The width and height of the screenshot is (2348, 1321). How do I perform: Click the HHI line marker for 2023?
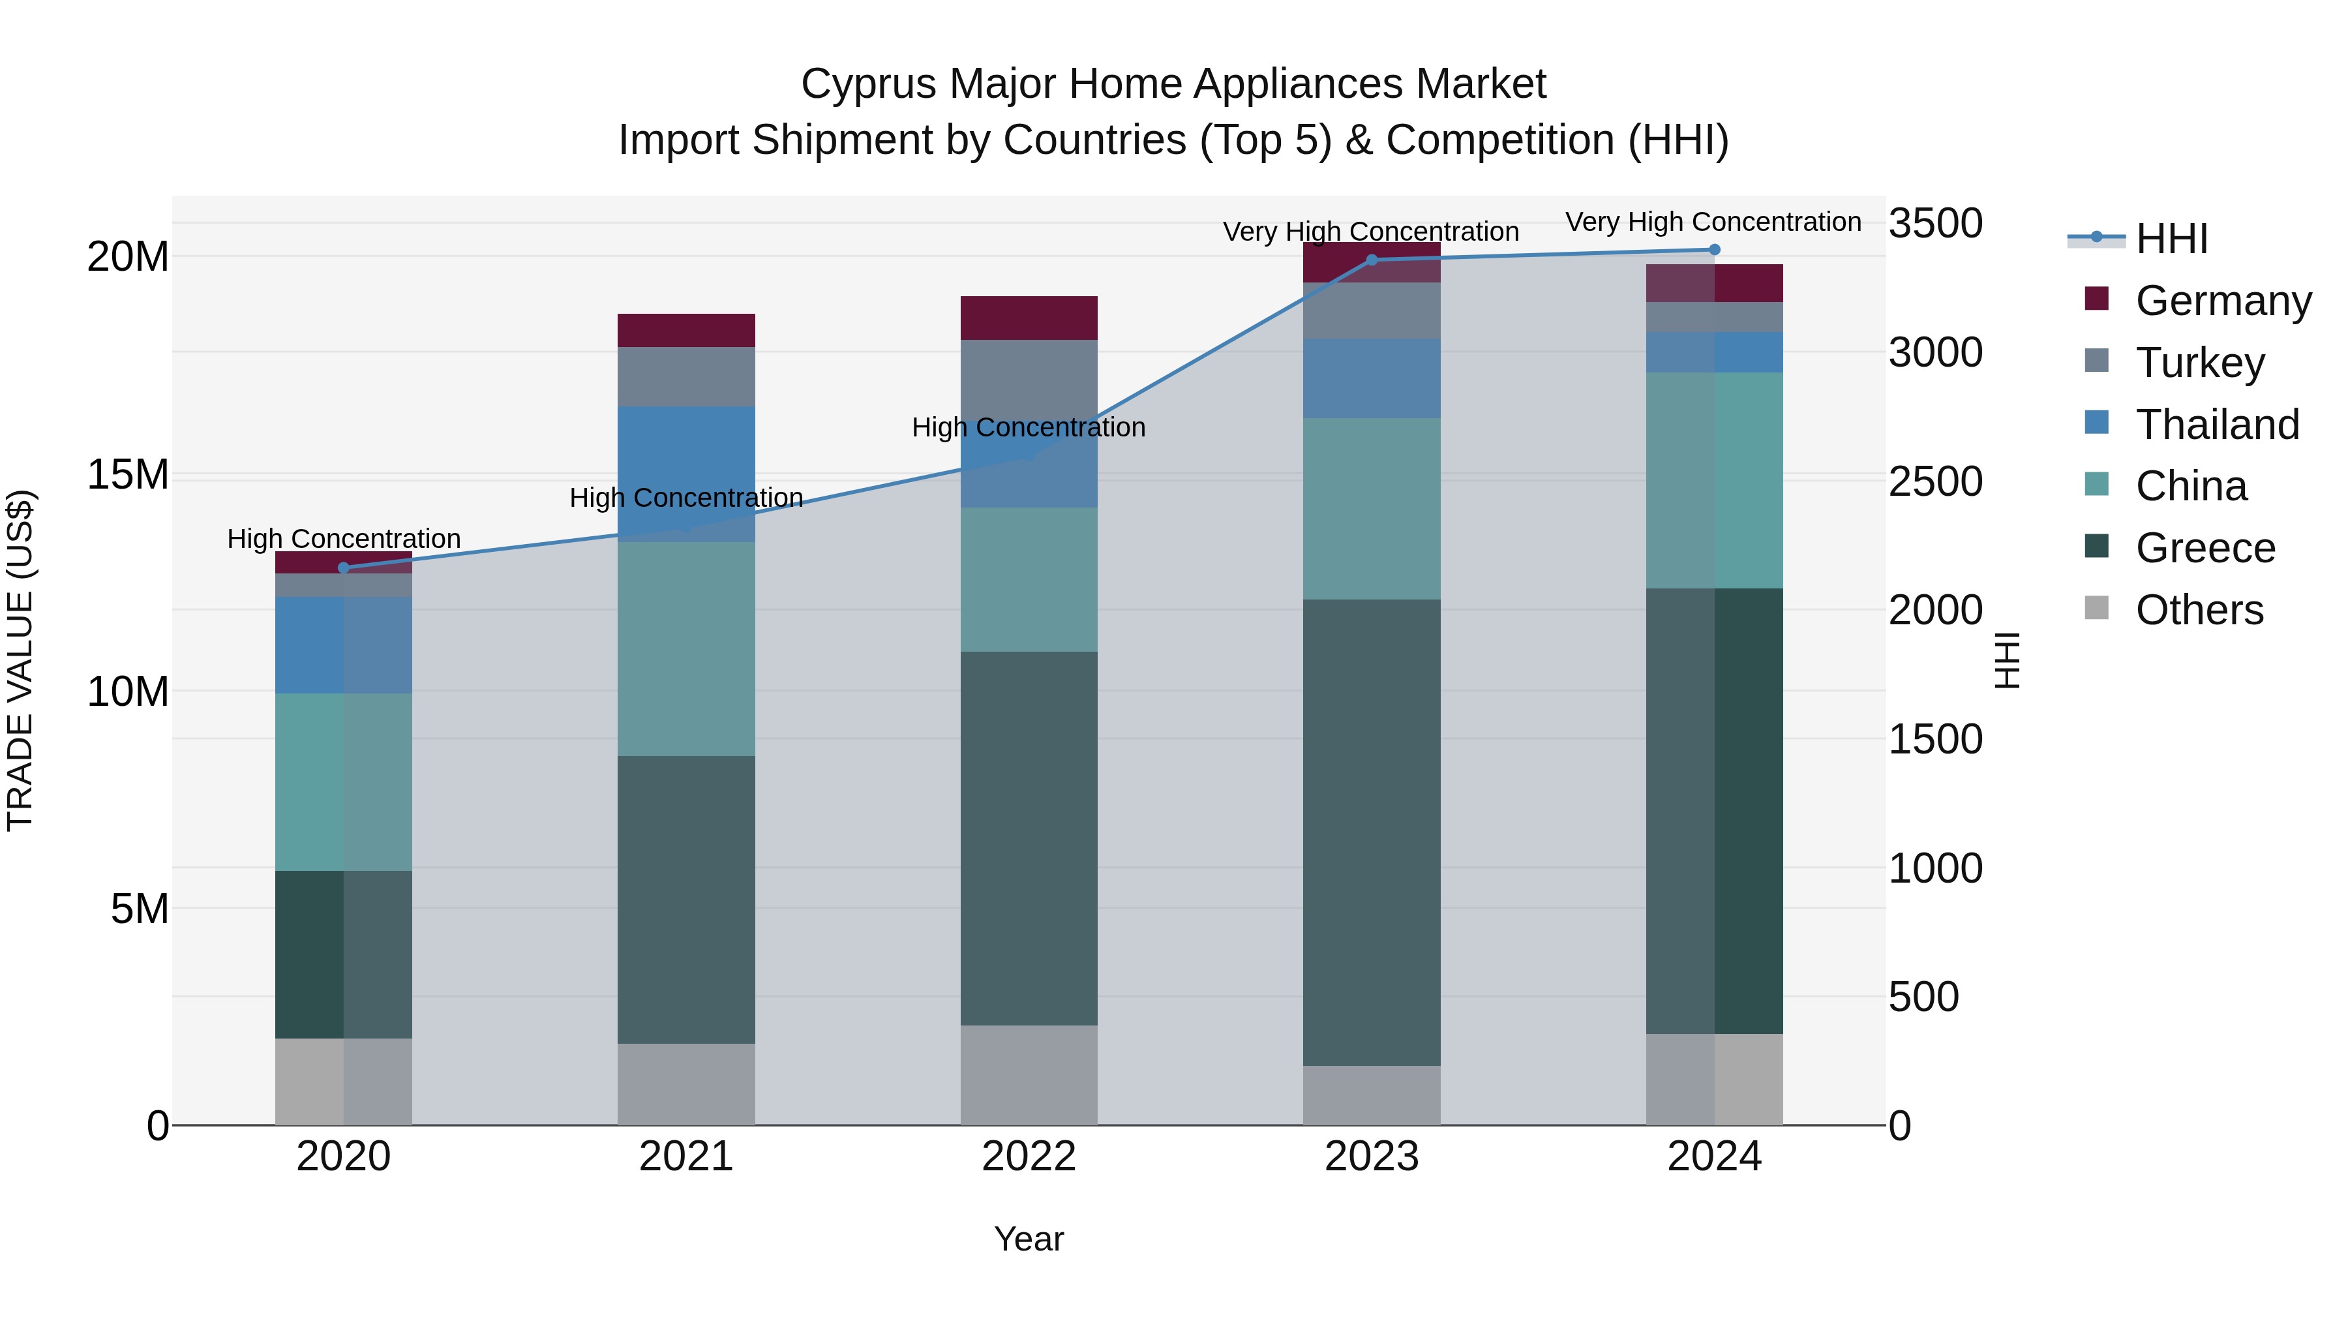click(1372, 260)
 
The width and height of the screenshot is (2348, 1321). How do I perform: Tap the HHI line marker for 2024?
click(1715, 250)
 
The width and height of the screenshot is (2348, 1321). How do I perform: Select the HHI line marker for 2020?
click(344, 568)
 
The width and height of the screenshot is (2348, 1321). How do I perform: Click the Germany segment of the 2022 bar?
click(1029, 318)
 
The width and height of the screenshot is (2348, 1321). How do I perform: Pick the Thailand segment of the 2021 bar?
click(686, 456)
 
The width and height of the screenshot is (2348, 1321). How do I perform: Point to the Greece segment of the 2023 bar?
click(1372, 832)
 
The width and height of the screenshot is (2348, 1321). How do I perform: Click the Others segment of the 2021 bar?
click(686, 1084)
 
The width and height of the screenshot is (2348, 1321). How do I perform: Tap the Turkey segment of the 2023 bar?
click(1372, 311)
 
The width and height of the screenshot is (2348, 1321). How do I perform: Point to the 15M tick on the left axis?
click(128, 475)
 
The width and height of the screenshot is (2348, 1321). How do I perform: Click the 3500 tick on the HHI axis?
click(1935, 223)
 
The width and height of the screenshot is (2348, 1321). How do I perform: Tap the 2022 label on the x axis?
click(1029, 1157)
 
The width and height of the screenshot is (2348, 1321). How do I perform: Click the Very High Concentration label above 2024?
click(1713, 222)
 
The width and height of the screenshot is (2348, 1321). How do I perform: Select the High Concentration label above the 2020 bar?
click(344, 539)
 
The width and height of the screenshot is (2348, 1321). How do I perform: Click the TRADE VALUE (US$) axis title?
click(20, 660)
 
